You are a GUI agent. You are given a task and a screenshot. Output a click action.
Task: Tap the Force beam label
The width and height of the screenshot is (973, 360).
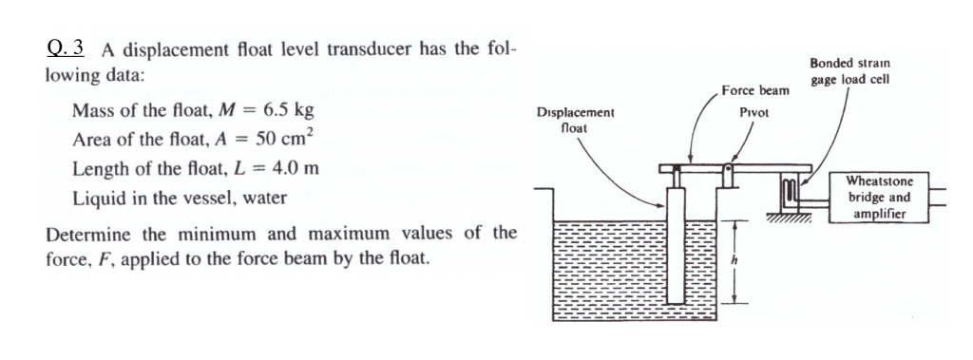(755, 91)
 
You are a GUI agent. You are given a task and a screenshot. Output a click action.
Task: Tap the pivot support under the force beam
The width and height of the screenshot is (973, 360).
(729, 179)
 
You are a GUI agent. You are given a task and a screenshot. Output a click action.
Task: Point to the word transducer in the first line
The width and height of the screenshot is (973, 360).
(391, 50)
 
